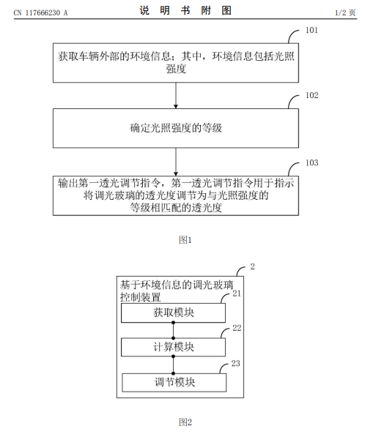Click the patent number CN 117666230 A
point(40,13)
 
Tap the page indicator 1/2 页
point(345,13)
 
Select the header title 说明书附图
point(185,10)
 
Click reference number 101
point(311,30)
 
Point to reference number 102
point(312,95)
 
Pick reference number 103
point(312,163)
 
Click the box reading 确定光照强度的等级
point(176,128)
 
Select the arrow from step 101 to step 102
point(176,95)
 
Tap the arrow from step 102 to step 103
point(176,162)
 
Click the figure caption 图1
point(185,240)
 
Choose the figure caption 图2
point(185,422)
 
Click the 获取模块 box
point(173,313)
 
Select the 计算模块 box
point(173,347)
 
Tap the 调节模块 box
point(174,382)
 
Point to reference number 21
point(237,294)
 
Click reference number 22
point(237,328)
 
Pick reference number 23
point(236,363)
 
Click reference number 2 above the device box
point(253,266)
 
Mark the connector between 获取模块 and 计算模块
point(173,330)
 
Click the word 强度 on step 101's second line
point(176,69)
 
